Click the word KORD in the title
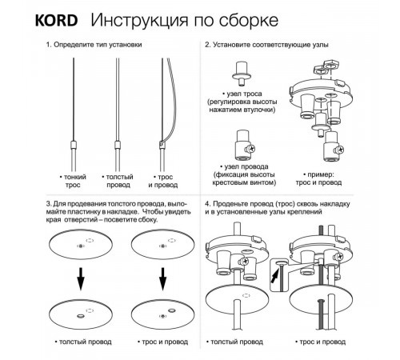(x=56, y=20)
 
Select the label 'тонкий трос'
(x=73, y=181)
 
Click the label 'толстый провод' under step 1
(x=118, y=181)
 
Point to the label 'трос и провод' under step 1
(x=163, y=181)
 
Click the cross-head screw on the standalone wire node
(x=251, y=148)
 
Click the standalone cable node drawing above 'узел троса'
(x=242, y=74)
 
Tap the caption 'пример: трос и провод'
(x=318, y=178)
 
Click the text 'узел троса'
(x=242, y=94)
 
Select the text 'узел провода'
(x=244, y=166)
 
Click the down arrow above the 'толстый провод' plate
(x=81, y=279)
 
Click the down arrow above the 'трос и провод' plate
(x=162, y=279)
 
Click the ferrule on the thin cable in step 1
(x=74, y=146)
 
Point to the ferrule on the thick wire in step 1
(x=118, y=146)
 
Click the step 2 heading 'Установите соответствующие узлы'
(x=266, y=45)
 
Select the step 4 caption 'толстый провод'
(x=234, y=342)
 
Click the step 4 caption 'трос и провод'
(x=320, y=342)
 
